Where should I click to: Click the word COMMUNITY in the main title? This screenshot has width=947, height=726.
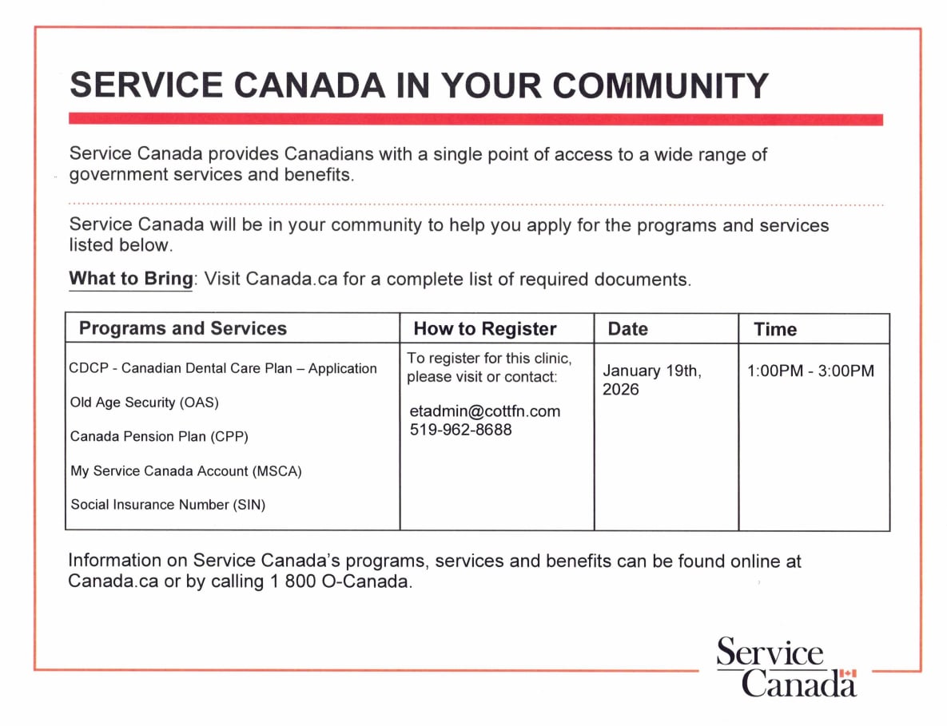pos(661,85)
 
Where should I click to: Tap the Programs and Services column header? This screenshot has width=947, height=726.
pos(182,328)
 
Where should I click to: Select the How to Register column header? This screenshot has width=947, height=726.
pos(484,329)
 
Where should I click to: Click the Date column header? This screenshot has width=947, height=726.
pos(627,329)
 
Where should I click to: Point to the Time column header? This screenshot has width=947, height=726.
pos(774,330)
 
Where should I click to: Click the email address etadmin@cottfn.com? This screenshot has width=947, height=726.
pos(484,411)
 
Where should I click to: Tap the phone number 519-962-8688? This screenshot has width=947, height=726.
pos(460,430)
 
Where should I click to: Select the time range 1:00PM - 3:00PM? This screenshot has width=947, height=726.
pos(810,371)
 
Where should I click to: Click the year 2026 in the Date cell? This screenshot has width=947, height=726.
pos(621,390)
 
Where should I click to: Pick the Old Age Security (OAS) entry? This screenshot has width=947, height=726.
pos(144,403)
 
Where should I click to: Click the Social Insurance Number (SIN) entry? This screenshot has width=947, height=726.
pos(168,505)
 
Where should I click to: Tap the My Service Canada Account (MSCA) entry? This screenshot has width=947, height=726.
pos(185,471)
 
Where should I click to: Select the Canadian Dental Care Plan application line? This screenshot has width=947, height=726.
pos(223,368)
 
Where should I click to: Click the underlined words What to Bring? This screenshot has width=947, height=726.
pos(130,280)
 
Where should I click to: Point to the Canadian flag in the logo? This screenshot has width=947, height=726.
pos(848,674)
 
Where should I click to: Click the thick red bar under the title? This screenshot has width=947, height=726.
pos(475,120)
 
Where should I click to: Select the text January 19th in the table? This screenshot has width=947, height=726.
pos(651,371)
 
